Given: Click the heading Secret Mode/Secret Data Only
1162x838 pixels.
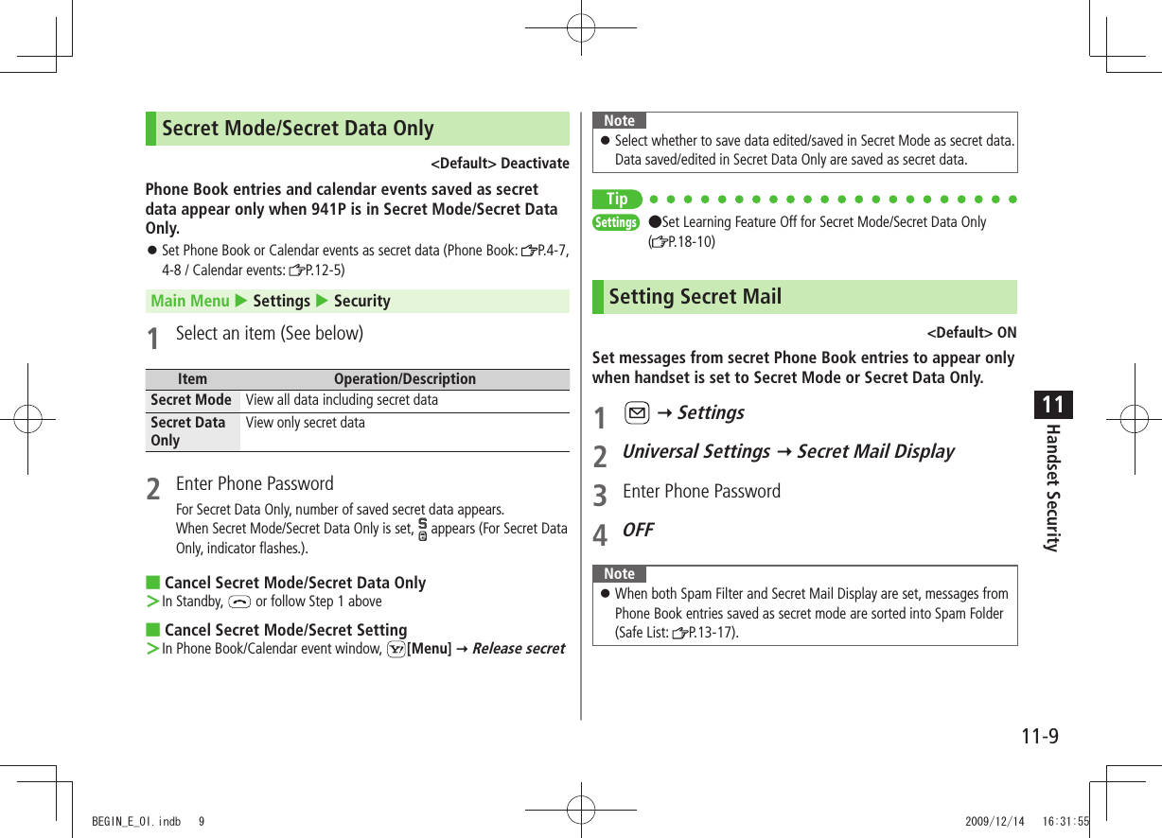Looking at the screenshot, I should (x=297, y=129).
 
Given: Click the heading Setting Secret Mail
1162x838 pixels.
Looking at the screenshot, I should (x=695, y=297).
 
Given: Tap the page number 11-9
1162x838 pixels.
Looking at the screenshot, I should (x=1039, y=736).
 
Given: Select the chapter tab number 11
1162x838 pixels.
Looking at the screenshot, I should (x=1052, y=406).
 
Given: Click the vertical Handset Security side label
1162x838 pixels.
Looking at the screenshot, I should (x=1051, y=487).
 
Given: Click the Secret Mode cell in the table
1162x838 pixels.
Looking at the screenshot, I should (x=191, y=400).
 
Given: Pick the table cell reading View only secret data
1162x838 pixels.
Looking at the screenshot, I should (x=305, y=423).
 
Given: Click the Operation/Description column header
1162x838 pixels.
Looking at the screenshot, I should (x=405, y=379).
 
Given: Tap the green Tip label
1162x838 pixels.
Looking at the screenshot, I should (x=617, y=199).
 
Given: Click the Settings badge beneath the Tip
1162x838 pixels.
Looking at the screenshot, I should (x=616, y=222).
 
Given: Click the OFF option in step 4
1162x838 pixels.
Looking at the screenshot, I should (x=638, y=530).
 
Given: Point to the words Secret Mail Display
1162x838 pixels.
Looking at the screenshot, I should (x=875, y=451).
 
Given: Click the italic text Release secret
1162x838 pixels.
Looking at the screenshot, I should (x=519, y=649).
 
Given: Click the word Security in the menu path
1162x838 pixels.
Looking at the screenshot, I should (x=361, y=301).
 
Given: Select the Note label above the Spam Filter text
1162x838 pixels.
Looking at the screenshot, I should (x=619, y=574).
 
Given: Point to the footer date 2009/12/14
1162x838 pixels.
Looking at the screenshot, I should (x=995, y=822).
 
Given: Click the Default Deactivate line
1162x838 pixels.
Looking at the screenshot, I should (x=500, y=164).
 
